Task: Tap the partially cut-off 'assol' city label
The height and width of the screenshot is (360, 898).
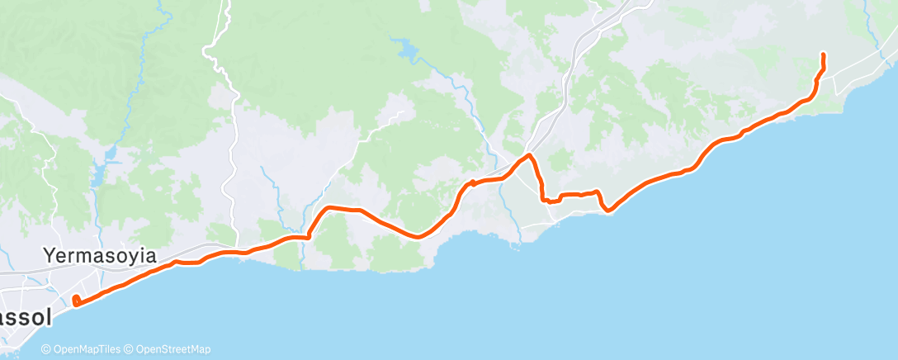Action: [25, 317]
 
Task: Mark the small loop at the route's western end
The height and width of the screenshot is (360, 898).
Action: [76, 301]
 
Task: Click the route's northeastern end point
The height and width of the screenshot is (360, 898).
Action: [823, 54]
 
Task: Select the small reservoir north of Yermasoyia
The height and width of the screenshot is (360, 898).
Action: [100, 174]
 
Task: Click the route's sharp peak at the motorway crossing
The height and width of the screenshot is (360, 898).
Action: [529, 155]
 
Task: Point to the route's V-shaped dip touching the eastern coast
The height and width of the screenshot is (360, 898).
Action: [607, 210]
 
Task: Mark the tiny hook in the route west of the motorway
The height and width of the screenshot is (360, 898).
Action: [472, 182]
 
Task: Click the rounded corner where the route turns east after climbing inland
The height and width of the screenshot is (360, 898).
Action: [329, 208]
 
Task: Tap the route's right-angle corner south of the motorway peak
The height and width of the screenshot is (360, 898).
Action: [543, 199]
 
